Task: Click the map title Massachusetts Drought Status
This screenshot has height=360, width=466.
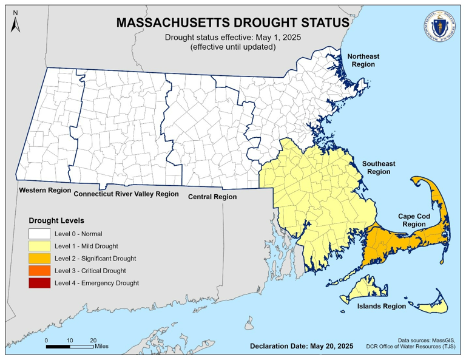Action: pyautogui.click(x=232, y=22)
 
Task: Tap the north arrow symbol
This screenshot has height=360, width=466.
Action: pyautogui.click(x=16, y=22)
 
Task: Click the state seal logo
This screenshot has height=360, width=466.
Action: pyautogui.click(x=436, y=27)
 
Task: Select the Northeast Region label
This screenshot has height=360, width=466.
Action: pyautogui.click(x=363, y=60)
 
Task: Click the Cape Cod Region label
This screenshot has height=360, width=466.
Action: pyautogui.click(x=414, y=220)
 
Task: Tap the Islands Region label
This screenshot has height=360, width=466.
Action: pyautogui.click(x=380, y=306)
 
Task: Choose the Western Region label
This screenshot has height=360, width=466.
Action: pyautogui.click(x=45, y=191)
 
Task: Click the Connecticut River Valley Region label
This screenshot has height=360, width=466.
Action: pyautogui.click(x=126, y=195)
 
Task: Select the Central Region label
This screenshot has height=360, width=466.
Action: pyautogui.click(x=212, y=197)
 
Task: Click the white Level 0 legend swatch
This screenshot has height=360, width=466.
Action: pyautogui.click(x=40, y=234)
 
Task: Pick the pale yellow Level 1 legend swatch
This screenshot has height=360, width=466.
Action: pyautogui.click(x=40, y=246)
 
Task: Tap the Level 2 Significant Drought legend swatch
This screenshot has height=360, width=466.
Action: pyautogui.click(x=40, y=258)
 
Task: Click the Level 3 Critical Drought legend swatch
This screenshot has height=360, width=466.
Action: pyautogui.click(x=40, y=270)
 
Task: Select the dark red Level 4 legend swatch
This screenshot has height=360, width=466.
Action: pyautogui.click(x=40, y=283)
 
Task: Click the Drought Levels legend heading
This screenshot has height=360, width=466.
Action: pyautogui.click(x=56, y=220)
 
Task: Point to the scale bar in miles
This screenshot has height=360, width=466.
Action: pyautogui.click(x=69, y=346)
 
